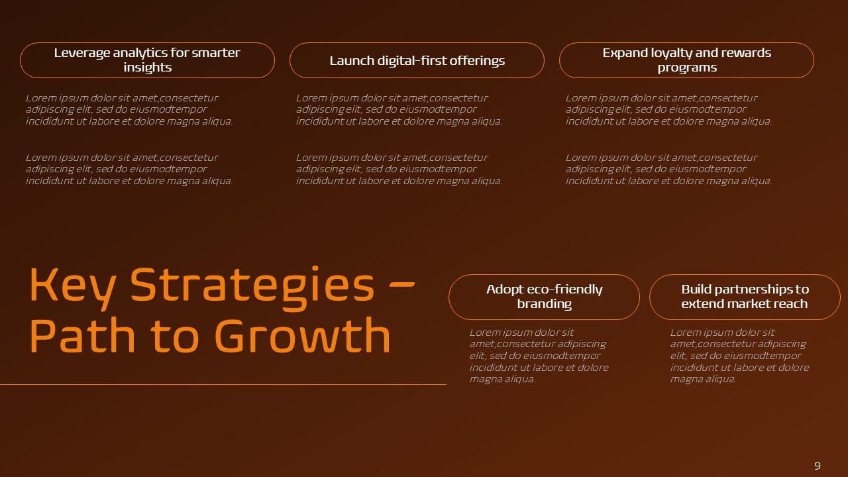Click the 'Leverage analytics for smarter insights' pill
[147, 60]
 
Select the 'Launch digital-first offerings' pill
[417, 60]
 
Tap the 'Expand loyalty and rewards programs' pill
[686, 60]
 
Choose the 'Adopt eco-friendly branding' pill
[544, 297]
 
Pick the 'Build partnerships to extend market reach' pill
[745, 297]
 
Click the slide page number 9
[817, 466]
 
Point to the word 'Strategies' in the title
[252, 285]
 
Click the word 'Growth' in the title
[303, 336]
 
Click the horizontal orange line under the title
[223, 384]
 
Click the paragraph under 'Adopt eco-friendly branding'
[539, 356]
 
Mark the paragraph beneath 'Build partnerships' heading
[739, 356]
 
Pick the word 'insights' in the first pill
[147, 68]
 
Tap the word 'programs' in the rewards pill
[687, 68]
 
